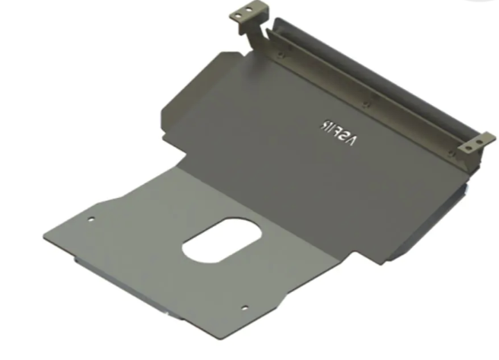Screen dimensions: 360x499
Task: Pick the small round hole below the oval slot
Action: (x=245, y=307)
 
